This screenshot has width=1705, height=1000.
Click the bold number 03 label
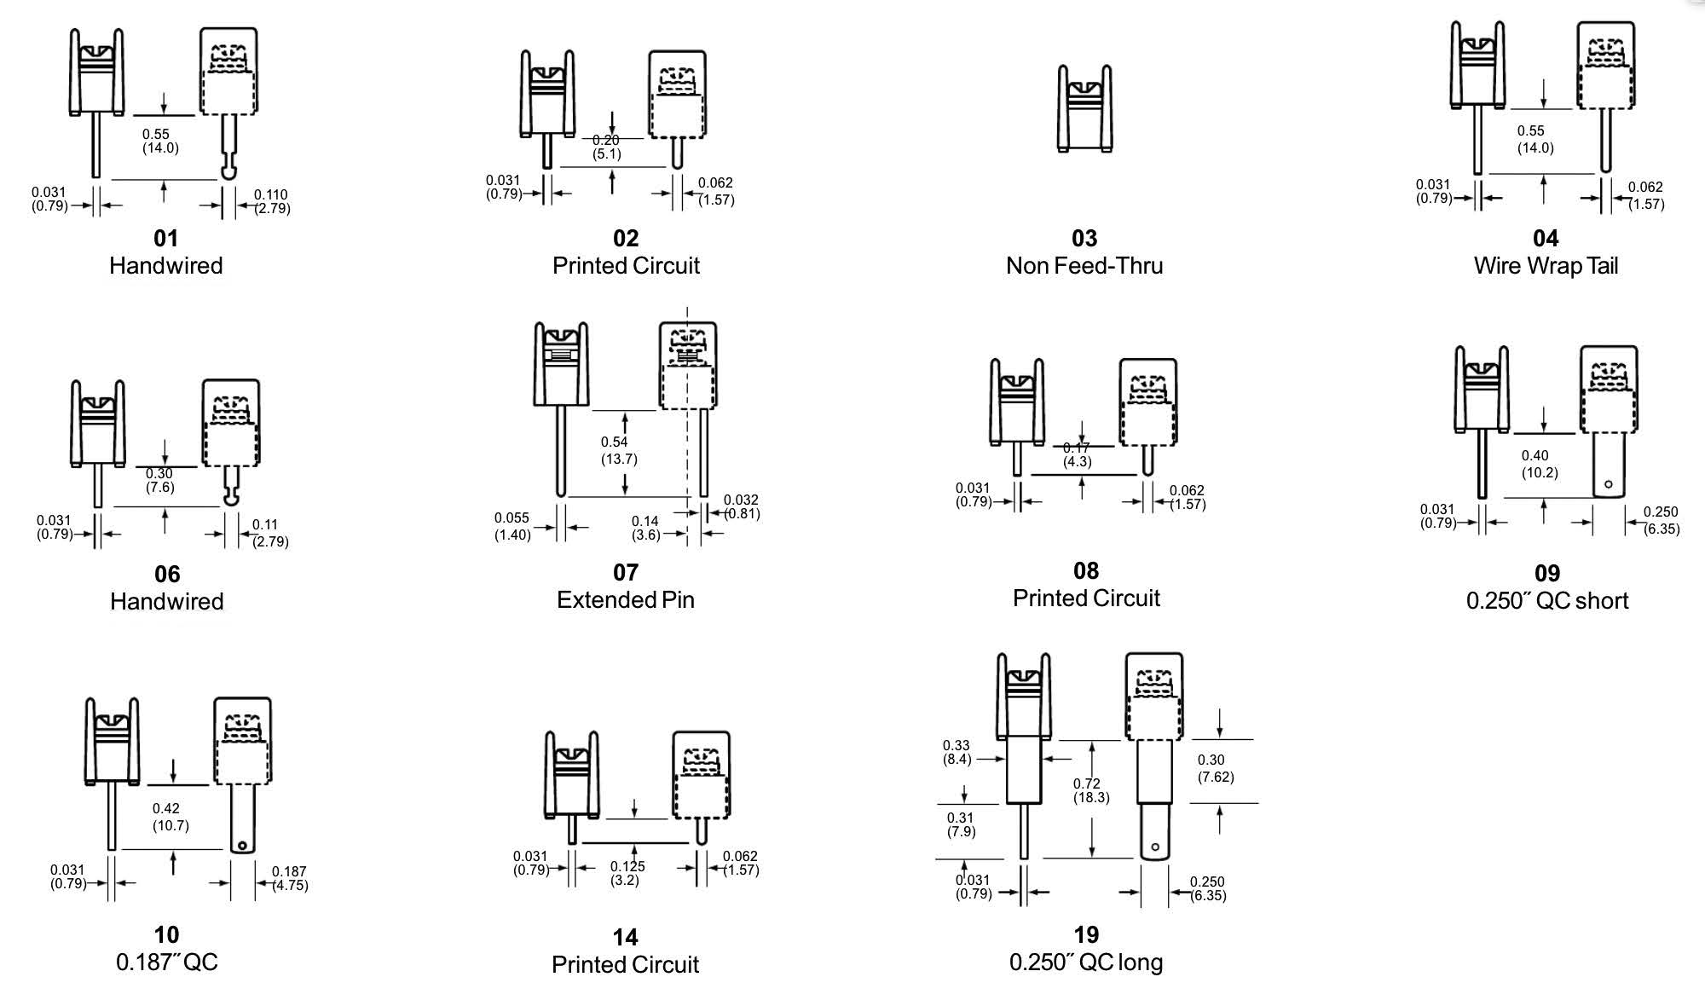(x=1084, y=238)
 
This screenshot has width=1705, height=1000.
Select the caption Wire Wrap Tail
(x=1546, y=266)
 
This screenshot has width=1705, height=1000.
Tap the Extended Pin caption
(x=626, y=600)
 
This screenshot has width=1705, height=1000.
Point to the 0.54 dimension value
(x=614, y=442)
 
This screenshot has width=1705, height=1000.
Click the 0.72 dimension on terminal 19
(x=1087, y=783)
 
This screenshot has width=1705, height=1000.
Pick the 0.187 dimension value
(x=289, y=871)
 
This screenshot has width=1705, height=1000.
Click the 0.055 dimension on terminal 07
(x=511, y=517)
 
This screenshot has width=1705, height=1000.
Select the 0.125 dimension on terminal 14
(x=627, y=866)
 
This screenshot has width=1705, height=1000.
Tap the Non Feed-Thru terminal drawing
(x=1084, y=108)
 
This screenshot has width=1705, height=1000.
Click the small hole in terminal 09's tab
(x=1609, y=484)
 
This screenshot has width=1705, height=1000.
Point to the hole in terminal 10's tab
(x=242, y=847)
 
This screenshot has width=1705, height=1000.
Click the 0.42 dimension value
(x=166, y=808)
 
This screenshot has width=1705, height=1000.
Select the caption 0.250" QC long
(x=1086, y=962)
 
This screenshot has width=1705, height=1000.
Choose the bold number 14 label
(x=625, y=938)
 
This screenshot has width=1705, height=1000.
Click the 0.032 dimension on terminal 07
(x=741, y=500)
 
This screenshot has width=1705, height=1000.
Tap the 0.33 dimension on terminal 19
(x=956, y=745)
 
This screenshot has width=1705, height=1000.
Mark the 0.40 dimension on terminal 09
(x=1534, y=456)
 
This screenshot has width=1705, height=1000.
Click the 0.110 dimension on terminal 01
(x=270, y=194)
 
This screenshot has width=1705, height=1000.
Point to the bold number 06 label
(x=167, y=575)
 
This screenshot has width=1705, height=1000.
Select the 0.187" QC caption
(x=167, y=962)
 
